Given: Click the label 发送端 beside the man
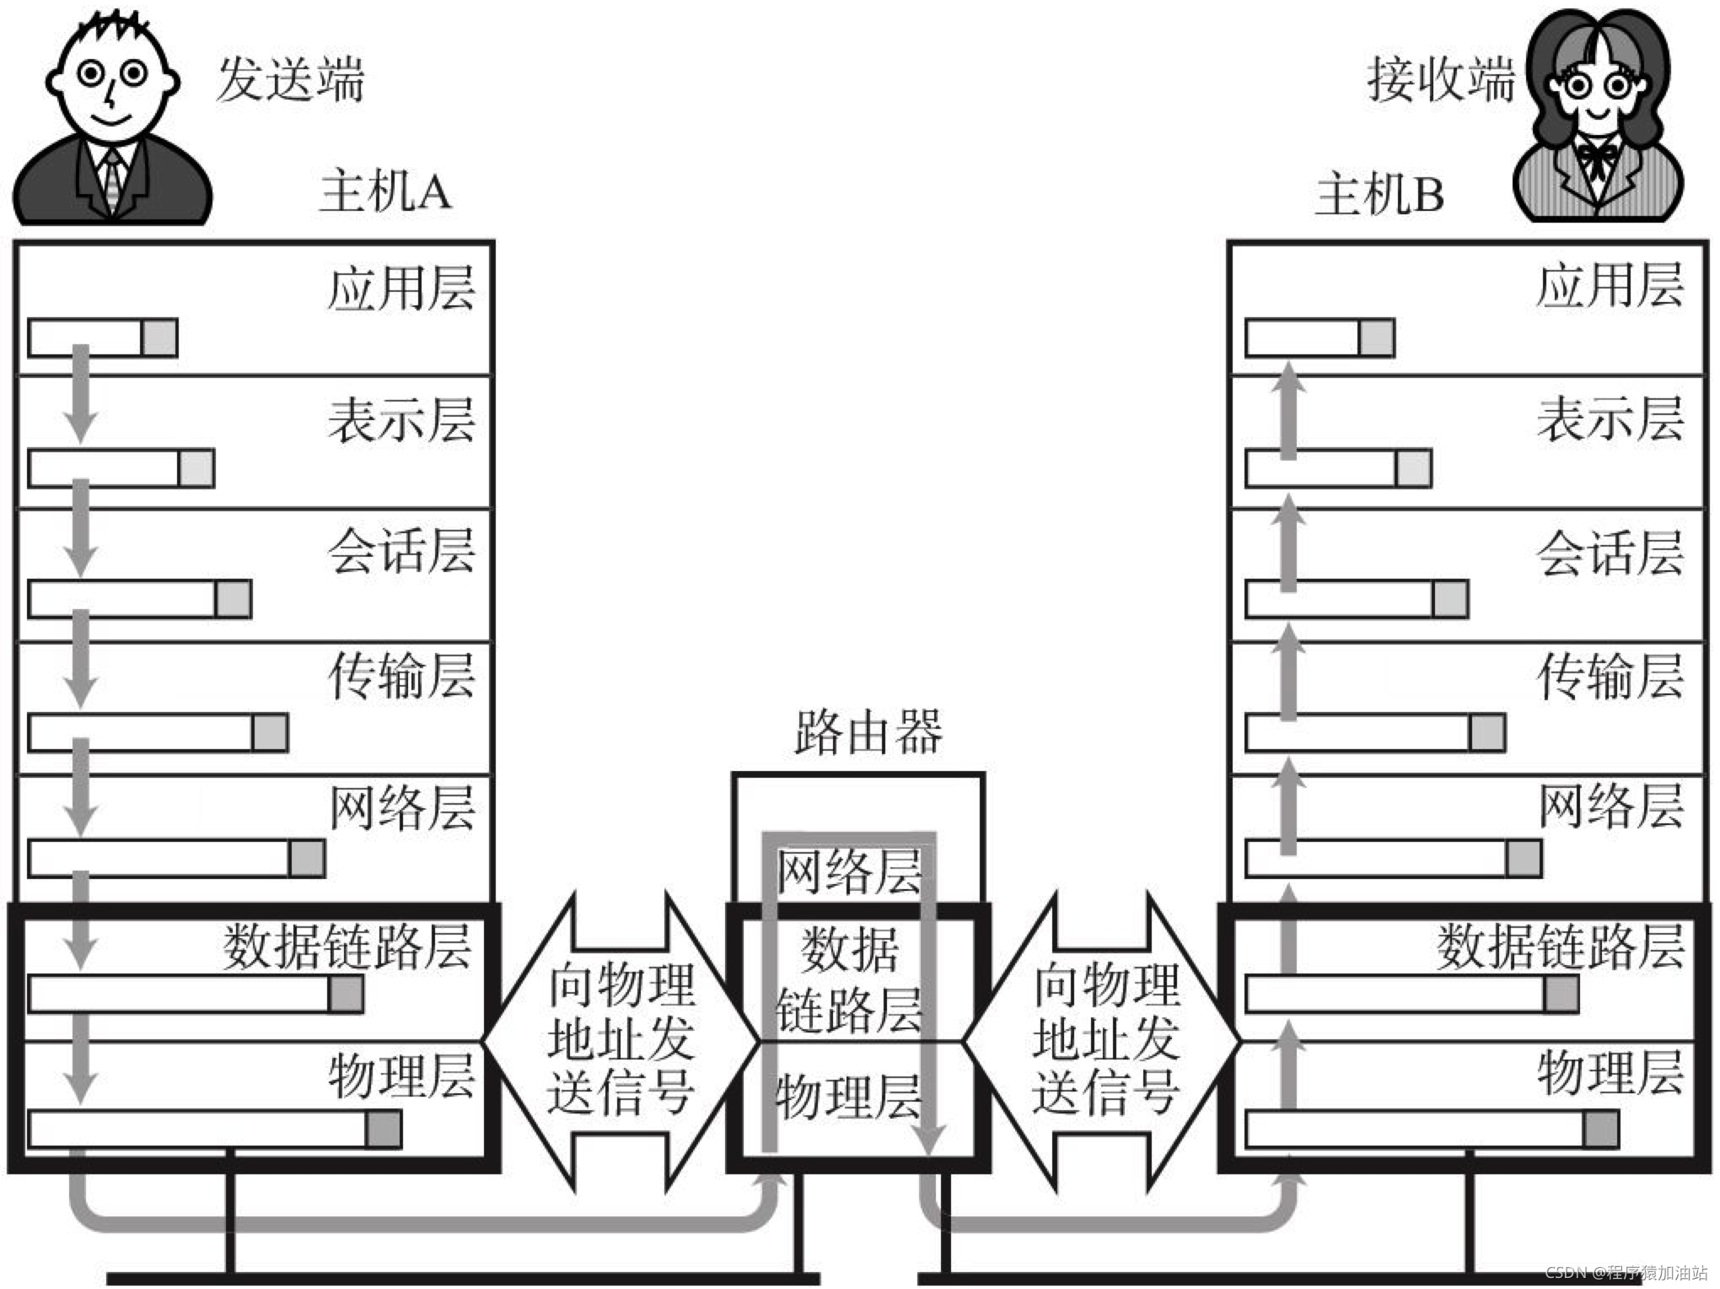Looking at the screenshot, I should coord(290,80).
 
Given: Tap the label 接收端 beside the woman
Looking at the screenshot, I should coord(1440,80).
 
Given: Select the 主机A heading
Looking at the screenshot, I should coord(385,191).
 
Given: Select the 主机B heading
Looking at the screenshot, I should coord(1379,194).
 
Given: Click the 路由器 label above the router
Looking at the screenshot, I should coord(868,732).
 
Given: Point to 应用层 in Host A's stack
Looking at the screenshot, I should coord(401,289).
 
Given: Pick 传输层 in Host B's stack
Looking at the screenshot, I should coord(1610,677).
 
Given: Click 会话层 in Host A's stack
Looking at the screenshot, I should coord(401,552).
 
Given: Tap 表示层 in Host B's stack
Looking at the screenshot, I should coord(1610,419).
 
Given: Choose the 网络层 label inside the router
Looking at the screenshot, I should coord(848,872).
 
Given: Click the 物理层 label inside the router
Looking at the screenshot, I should coord(848,1097).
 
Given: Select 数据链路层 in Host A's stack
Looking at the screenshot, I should coord(347,947).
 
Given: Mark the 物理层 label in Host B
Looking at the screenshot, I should coord(1610,1073).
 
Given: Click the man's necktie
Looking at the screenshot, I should coord(112,181).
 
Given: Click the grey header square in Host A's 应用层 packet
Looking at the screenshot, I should coord(159,338).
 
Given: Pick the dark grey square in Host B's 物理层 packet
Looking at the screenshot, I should coord(1600,1130).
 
